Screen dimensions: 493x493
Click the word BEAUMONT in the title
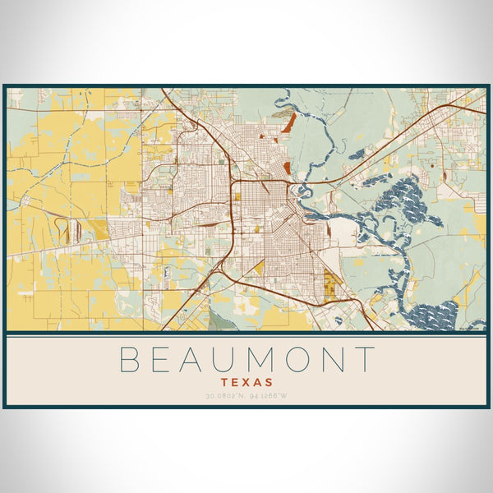pyautogui.click(x=246, y=360)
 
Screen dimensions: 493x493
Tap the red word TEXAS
pyautogui.click(x=246, y=382)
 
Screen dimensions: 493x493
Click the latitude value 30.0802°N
pyautogui.click(x=223, y=397)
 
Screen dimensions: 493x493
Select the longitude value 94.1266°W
pyautogui.click(x=268, y=397)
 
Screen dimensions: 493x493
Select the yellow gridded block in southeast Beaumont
pyautogui.click(x=332, y=283)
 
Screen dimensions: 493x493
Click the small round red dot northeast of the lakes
pyautogui.click(x=444, y=175)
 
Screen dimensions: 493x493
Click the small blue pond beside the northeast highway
pyautogui.click(x=357, y=154)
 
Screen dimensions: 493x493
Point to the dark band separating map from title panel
pyautogui.click(x=246, y=334)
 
